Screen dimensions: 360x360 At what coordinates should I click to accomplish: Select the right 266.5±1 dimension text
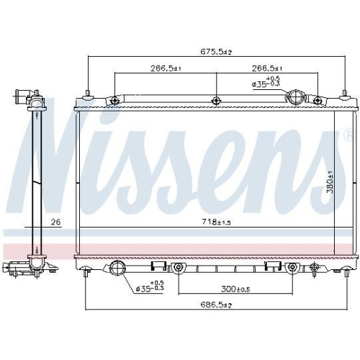point(266,69)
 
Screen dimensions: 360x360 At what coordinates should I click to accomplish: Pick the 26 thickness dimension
point(55,222)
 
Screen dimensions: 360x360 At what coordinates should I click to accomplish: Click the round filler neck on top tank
point(297,98)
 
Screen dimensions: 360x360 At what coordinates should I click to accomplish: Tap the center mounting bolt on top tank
point(215,100)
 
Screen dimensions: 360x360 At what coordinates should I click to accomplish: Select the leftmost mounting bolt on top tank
point(113,100)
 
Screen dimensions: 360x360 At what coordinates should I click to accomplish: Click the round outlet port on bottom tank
point(119,269)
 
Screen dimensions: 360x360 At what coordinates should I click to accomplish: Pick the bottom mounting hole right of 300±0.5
point(292,269)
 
